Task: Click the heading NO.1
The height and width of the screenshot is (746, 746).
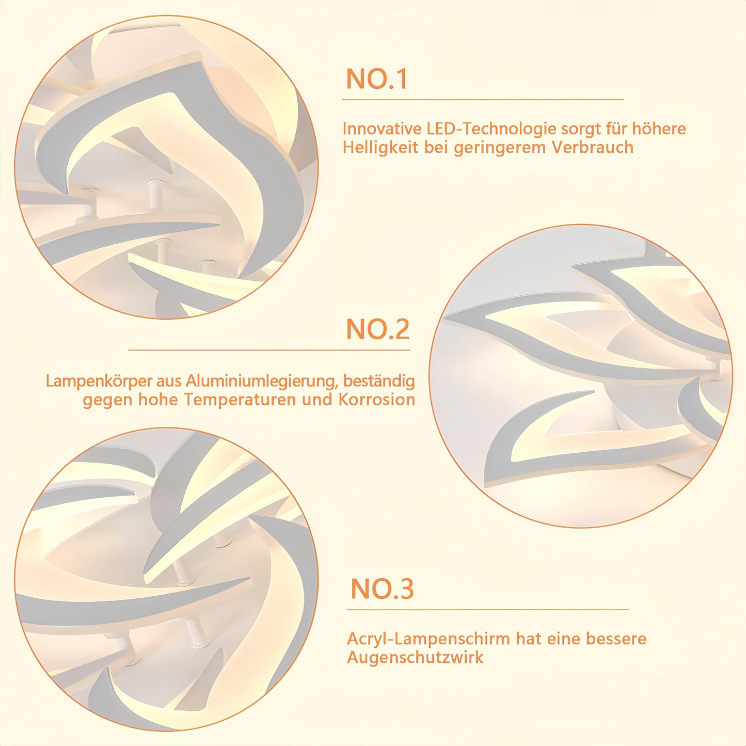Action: click(376, 79)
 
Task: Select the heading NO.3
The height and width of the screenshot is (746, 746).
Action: click(382, 589)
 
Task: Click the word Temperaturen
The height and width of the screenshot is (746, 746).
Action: click(240, 400)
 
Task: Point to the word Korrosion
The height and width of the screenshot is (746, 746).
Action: click(377, 400)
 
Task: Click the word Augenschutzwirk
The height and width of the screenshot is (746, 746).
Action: click(416, 657)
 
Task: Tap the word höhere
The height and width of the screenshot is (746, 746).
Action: click(659, 129)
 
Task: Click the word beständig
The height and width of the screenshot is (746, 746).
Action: click(379, 382)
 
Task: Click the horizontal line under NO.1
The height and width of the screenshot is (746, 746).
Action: click(483, 100)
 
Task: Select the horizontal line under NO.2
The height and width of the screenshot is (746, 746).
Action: click(269, 350)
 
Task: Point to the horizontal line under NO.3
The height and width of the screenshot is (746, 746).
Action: click(488, 610)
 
